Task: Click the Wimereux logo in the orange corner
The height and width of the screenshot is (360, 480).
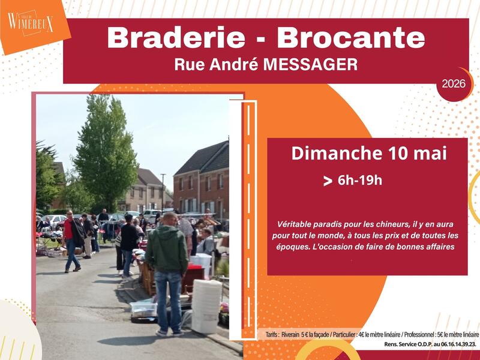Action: [31, 23]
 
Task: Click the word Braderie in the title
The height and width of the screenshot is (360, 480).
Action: [176, 38]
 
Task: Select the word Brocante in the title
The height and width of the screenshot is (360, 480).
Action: [351, 38]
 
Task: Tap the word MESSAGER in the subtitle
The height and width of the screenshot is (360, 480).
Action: [310, 65]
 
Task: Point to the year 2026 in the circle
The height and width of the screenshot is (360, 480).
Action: [454, 83]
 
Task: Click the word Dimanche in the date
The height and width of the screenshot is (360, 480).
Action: [337, 153]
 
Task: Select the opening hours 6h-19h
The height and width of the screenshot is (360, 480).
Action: [360, 181]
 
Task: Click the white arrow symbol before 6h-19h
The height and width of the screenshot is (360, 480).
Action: [328, 181]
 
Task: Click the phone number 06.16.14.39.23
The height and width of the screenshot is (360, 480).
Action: [459, 344]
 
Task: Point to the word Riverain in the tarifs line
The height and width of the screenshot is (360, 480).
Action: [290, 335]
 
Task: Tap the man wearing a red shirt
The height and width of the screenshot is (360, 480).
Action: [73, 241]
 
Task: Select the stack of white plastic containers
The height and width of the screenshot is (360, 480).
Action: [206, 306]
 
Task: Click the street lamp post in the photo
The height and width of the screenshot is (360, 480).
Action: [163, 193]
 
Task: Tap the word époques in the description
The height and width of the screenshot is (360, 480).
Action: [290, 247]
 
